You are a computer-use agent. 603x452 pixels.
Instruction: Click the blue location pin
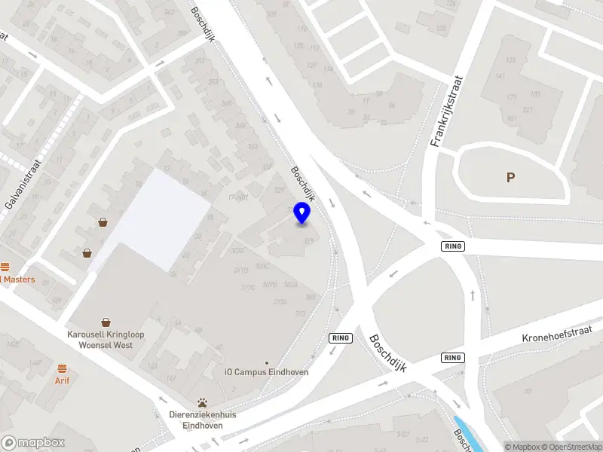(302, 213)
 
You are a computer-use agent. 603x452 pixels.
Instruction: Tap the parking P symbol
(510, 178)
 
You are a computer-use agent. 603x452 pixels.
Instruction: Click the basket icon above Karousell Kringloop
(106, 322)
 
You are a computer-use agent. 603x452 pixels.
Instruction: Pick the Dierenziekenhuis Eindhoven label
(201, 419)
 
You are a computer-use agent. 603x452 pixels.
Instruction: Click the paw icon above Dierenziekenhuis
(202, 402)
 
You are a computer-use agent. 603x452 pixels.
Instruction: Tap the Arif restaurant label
(62, 381)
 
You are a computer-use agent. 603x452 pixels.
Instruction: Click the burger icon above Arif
(62, 369)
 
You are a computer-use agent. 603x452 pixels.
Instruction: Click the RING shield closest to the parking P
(453, 246)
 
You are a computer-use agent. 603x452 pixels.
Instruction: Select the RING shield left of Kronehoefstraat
(453, 357)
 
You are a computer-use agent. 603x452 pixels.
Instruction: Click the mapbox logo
(33, 443)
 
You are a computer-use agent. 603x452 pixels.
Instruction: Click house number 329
(280, 191)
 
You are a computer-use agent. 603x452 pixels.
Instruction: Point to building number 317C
(248, 287)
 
